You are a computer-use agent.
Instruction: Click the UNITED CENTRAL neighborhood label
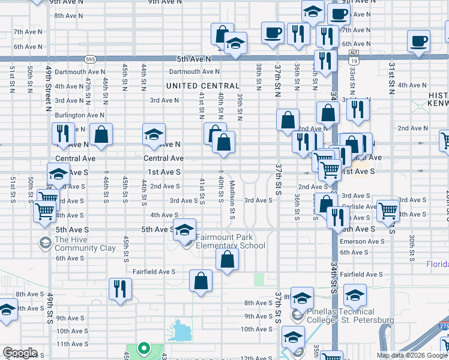pyautogui.click(x=203, y=86)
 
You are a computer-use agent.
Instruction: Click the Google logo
pyautogui.click(x=20, y=353)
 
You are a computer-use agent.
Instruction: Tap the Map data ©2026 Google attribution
pyautogui.click(x=412, y=355)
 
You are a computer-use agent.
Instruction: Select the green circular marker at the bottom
pyautogui.click(x=143, y=348)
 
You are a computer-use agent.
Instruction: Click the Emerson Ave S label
pyautogui.click(x=362, y=241)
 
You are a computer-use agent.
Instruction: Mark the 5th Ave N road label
pyautogui.click(x=194, y=59)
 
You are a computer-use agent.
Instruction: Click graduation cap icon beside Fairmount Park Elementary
pyautogui.click(x=185, y=229)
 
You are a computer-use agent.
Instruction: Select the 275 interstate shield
pyautogui.click(x=444, y=326)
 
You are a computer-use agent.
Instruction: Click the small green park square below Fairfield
pyautogui.click(x=259, y=279)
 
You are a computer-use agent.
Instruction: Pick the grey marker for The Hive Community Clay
pyautogui.click(x=45, y=243)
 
